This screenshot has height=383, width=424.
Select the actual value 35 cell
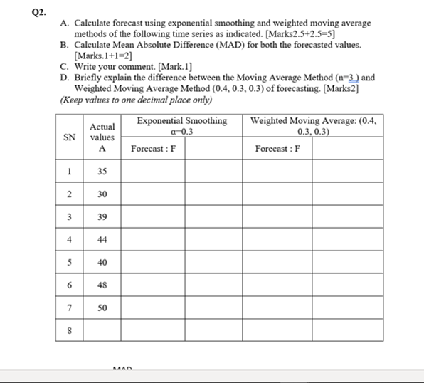click(x=102, y=171)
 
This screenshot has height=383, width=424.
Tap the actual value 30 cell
click(x=102, y=194)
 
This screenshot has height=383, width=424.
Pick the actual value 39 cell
click(x=102, y=216)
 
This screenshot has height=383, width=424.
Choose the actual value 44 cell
click(x=102, y=239)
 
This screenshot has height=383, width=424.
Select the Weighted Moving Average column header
click(x=313, y=125)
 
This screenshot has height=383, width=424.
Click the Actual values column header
click(x=102, y=132)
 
